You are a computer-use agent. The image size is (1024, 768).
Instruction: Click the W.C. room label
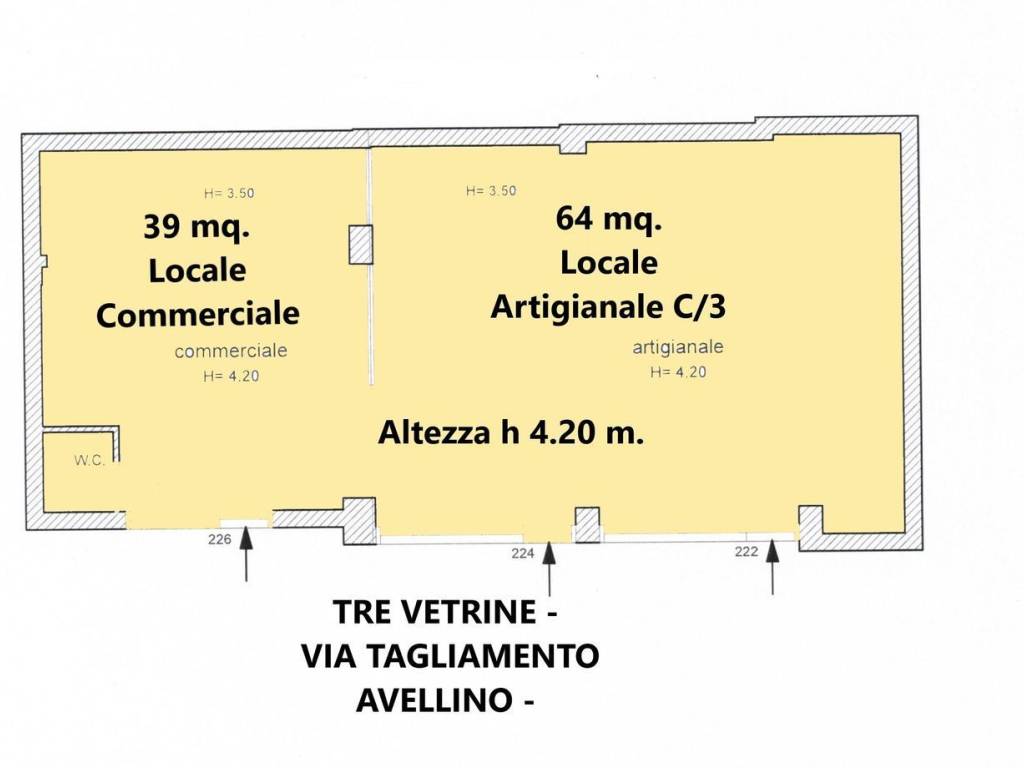[89, 460]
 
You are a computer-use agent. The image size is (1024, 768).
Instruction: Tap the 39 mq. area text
[197, 227]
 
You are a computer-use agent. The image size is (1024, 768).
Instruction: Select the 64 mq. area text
[609, 218]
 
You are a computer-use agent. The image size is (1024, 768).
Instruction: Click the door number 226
[219, 539]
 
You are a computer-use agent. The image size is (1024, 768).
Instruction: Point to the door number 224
[522, 553]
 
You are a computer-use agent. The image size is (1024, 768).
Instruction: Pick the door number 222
[746, 552]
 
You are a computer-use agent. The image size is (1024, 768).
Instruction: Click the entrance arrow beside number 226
[246, 554]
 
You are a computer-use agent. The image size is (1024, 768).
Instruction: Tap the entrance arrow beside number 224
[549, 568]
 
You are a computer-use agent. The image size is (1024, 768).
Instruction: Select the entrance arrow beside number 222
[773, 566]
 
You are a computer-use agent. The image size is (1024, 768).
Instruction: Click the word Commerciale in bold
[198, 315]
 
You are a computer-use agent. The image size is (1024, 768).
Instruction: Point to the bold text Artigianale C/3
[608, 306]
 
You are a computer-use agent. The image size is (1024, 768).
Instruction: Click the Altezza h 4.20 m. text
[511, 432]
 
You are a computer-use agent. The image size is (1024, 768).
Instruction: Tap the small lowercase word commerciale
[231, 351]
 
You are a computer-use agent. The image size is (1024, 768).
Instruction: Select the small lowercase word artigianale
[677, 347]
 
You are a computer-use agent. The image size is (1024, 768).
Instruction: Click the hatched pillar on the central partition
[360, 244]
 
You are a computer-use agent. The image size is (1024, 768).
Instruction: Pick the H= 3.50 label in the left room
[229, 193]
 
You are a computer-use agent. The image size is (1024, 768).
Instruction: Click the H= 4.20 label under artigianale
[678, 372]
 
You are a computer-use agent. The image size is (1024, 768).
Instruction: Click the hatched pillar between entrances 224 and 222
[587, 525]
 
